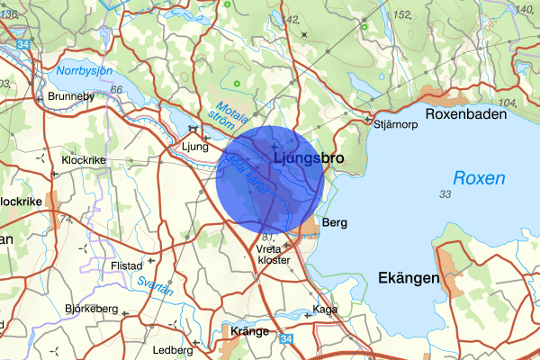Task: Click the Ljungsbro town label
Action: [x=307, y=158]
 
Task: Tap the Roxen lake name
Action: [x=478, y=178]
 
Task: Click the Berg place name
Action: [x=334, y=221]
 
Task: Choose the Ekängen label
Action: [x=409, y=278]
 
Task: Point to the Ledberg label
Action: [x=173, y=350]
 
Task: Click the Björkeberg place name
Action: [x=92, y=309]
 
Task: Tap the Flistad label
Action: [x=126, y=266]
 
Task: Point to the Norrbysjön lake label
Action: [x=84, y=70]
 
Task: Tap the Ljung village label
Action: [x=194, y=146]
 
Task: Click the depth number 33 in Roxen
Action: [x=445, y=195]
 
